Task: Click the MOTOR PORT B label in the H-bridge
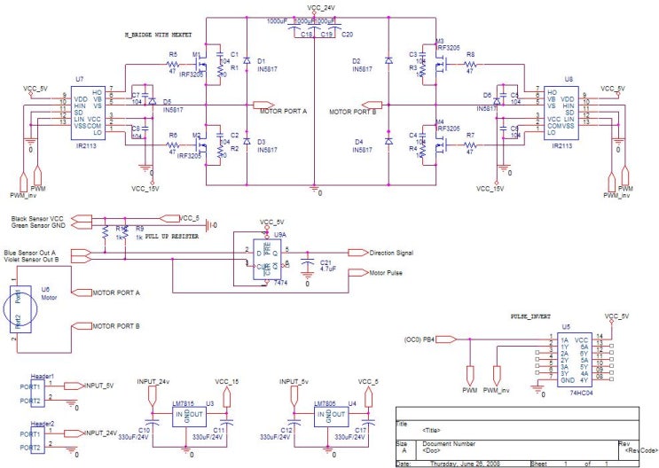coord(353,113)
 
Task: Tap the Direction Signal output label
coord(390,253)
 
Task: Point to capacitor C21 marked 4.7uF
coord(308,266)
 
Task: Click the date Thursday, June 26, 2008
coord(470,463)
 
